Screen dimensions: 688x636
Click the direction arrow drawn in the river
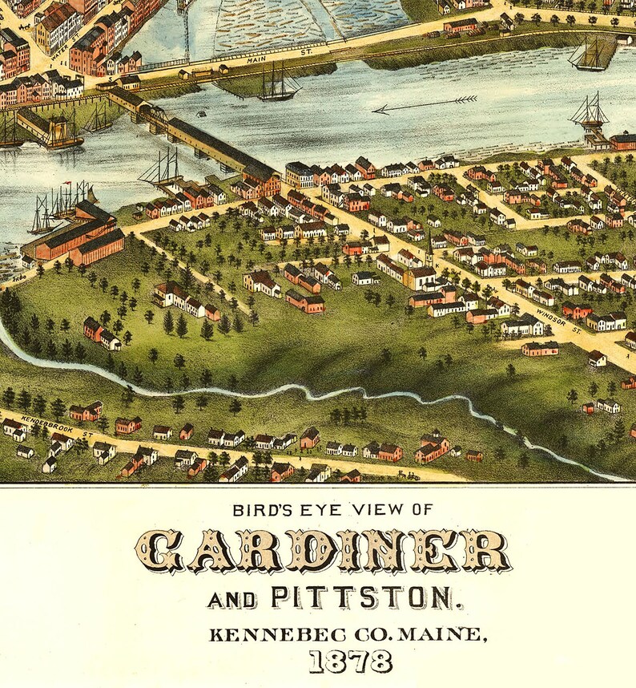425,104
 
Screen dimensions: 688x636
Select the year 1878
351,662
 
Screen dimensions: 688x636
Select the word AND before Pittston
231,599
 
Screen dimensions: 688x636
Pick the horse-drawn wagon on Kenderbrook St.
413,475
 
